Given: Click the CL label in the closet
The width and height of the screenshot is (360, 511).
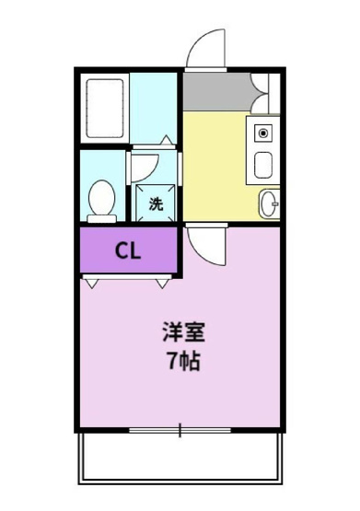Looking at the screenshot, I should coord(127,251).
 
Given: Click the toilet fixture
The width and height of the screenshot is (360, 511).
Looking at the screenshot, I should coord(101,198).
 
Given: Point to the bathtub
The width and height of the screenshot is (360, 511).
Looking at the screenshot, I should coord(103,108).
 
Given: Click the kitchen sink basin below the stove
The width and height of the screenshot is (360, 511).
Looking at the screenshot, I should coord(263,167).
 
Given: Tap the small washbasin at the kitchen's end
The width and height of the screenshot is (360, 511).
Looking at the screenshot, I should coord(268,203).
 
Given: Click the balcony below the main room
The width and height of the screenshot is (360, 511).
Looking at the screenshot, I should coord(180,458).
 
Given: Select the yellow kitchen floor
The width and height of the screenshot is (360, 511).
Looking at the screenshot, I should coord(216,166).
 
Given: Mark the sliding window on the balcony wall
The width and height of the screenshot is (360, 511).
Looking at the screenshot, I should coord(180,430).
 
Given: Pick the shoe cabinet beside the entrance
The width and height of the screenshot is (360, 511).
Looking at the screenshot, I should coord(263,91).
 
